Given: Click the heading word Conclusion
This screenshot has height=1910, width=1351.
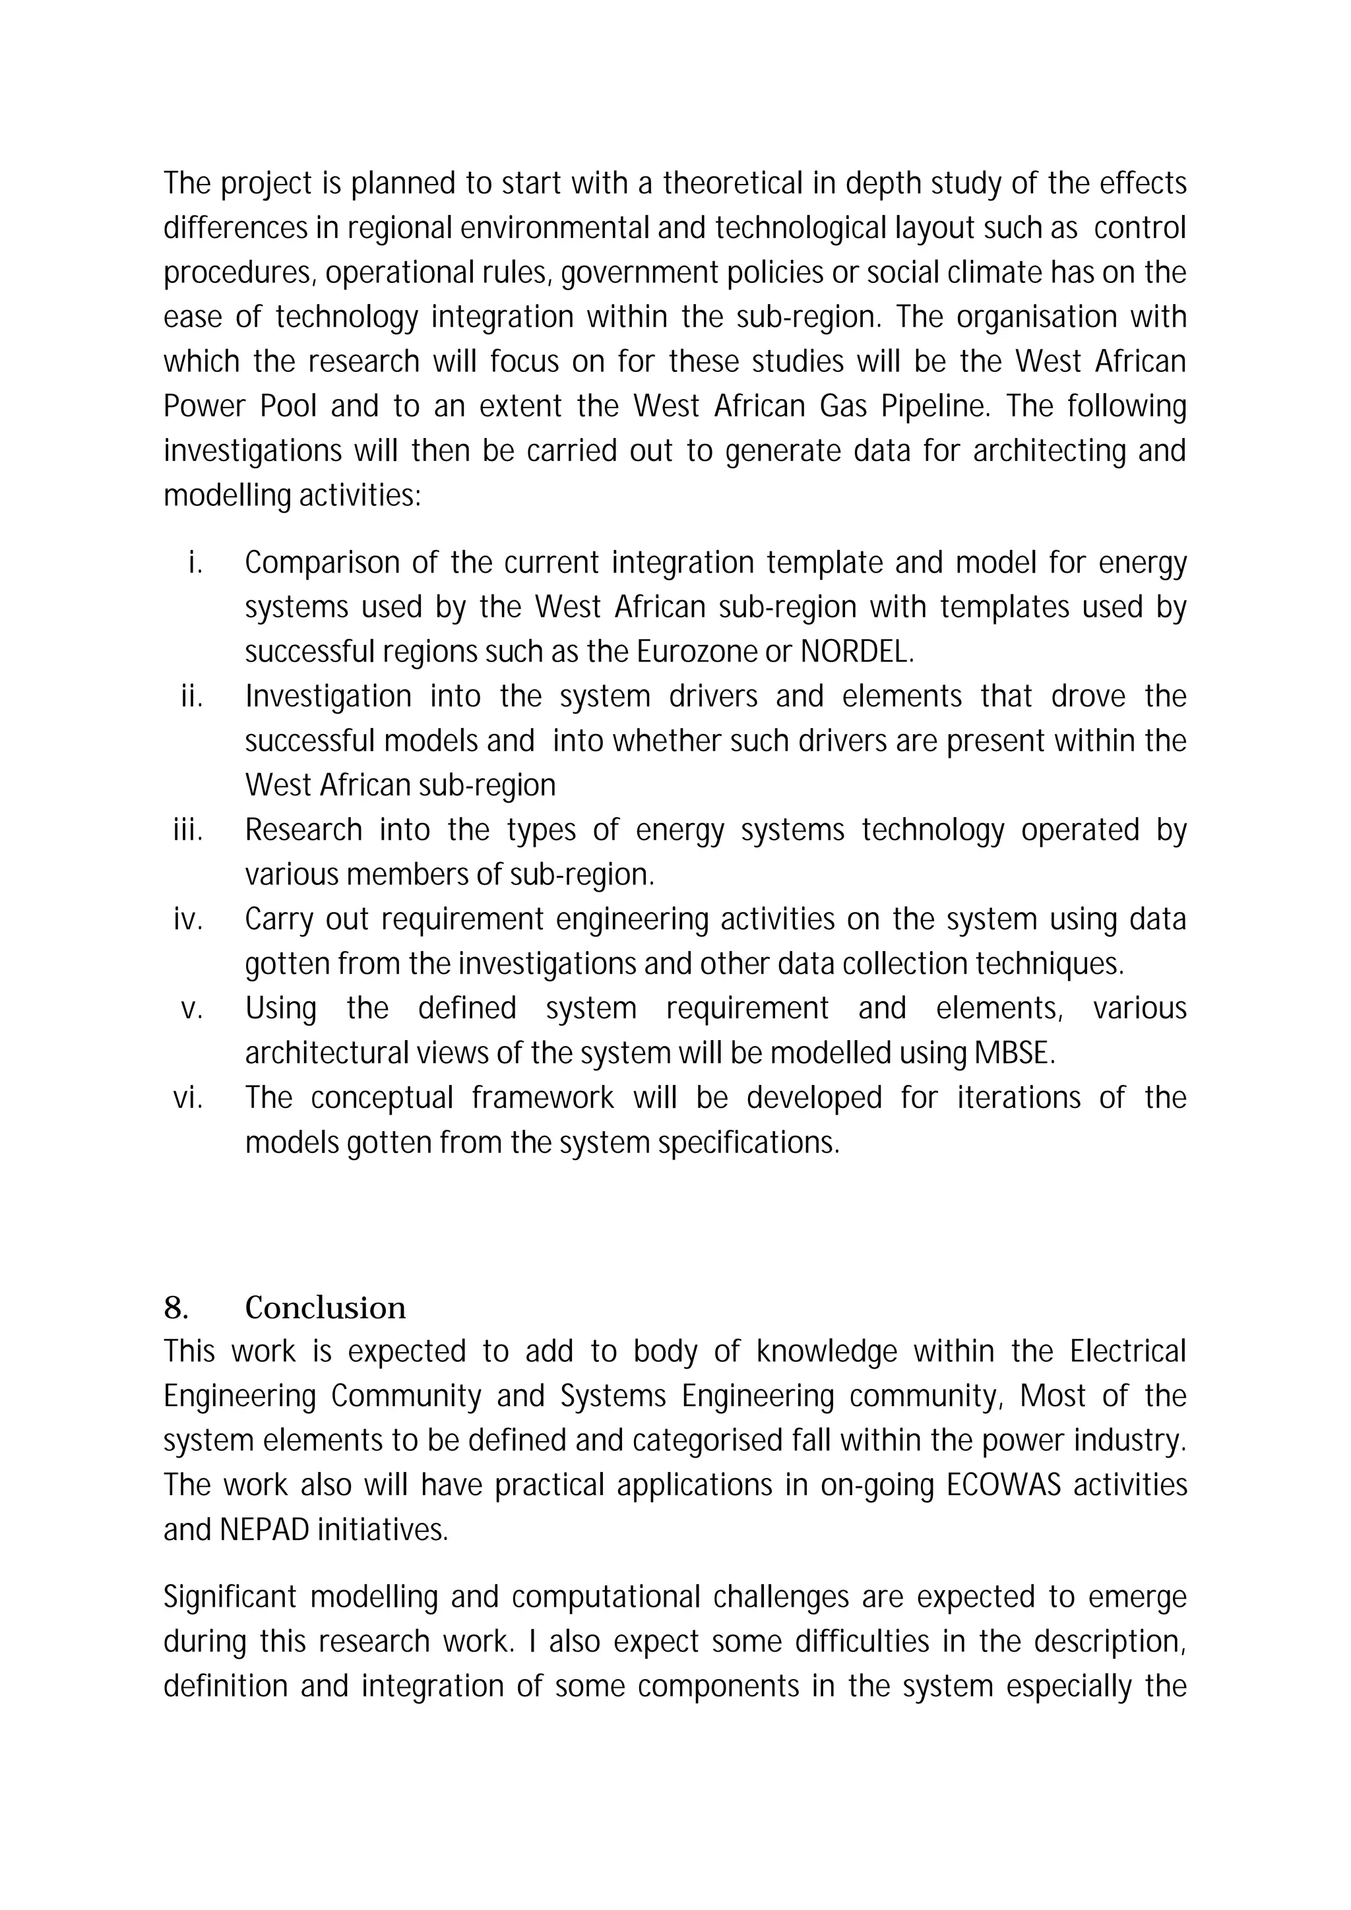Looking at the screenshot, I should point(325,1308).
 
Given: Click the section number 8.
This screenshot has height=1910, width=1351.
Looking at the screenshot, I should point(175,1308).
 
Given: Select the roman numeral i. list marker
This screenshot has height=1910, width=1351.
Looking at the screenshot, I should point(195,563).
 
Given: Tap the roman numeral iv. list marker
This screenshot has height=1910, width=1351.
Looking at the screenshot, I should point(188,919).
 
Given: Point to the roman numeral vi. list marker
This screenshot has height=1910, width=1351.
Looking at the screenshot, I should point(188,1098).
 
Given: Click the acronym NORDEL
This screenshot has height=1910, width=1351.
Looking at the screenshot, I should point(856,652).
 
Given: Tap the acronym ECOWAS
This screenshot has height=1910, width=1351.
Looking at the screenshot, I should point(1004,1485).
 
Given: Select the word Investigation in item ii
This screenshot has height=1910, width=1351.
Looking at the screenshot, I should point(328,696).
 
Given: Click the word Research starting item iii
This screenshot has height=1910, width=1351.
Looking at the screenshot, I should point(303,830).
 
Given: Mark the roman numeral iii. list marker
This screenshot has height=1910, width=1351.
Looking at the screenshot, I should point(188,830).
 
